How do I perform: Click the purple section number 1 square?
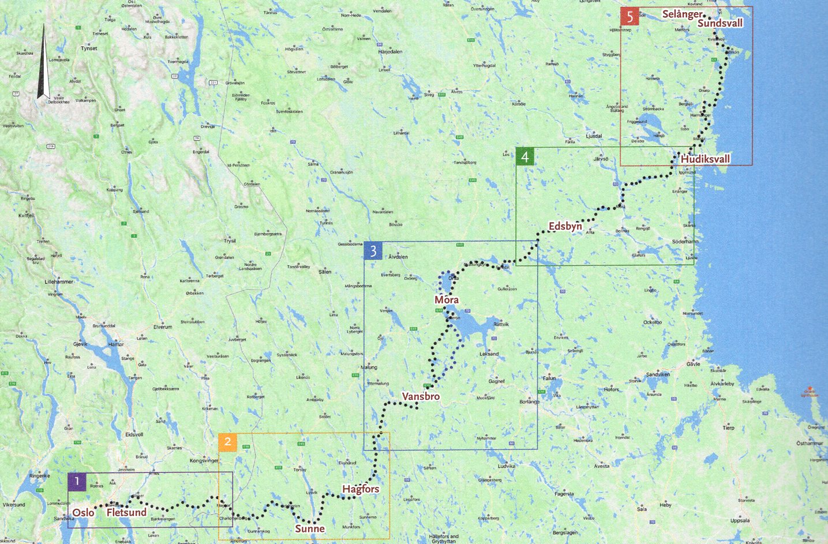tap(77, 481)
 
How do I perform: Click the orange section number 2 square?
tap(227, 442)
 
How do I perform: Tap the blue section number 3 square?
tap(373, 251)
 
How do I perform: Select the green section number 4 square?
tap(524, 156)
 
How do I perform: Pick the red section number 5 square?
tap(630, 17)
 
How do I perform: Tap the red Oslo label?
tap(83, 512)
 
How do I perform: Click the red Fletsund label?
tap(126, 512)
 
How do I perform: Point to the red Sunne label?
tap(310, 528)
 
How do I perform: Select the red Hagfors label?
tap(361, 489)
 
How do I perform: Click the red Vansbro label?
tap(421, 396)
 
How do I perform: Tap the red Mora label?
tap(447, 299)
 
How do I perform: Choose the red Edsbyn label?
tap(565, 226)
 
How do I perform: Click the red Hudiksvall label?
tap(705, 159)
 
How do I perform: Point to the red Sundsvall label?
tap(720, 23)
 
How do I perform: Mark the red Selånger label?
tap(682, 14)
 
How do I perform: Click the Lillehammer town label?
tap(59, 282)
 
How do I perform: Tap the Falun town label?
tap(549, 378)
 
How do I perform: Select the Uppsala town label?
tap(740, 520)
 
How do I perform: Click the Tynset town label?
tap(89, 48)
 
